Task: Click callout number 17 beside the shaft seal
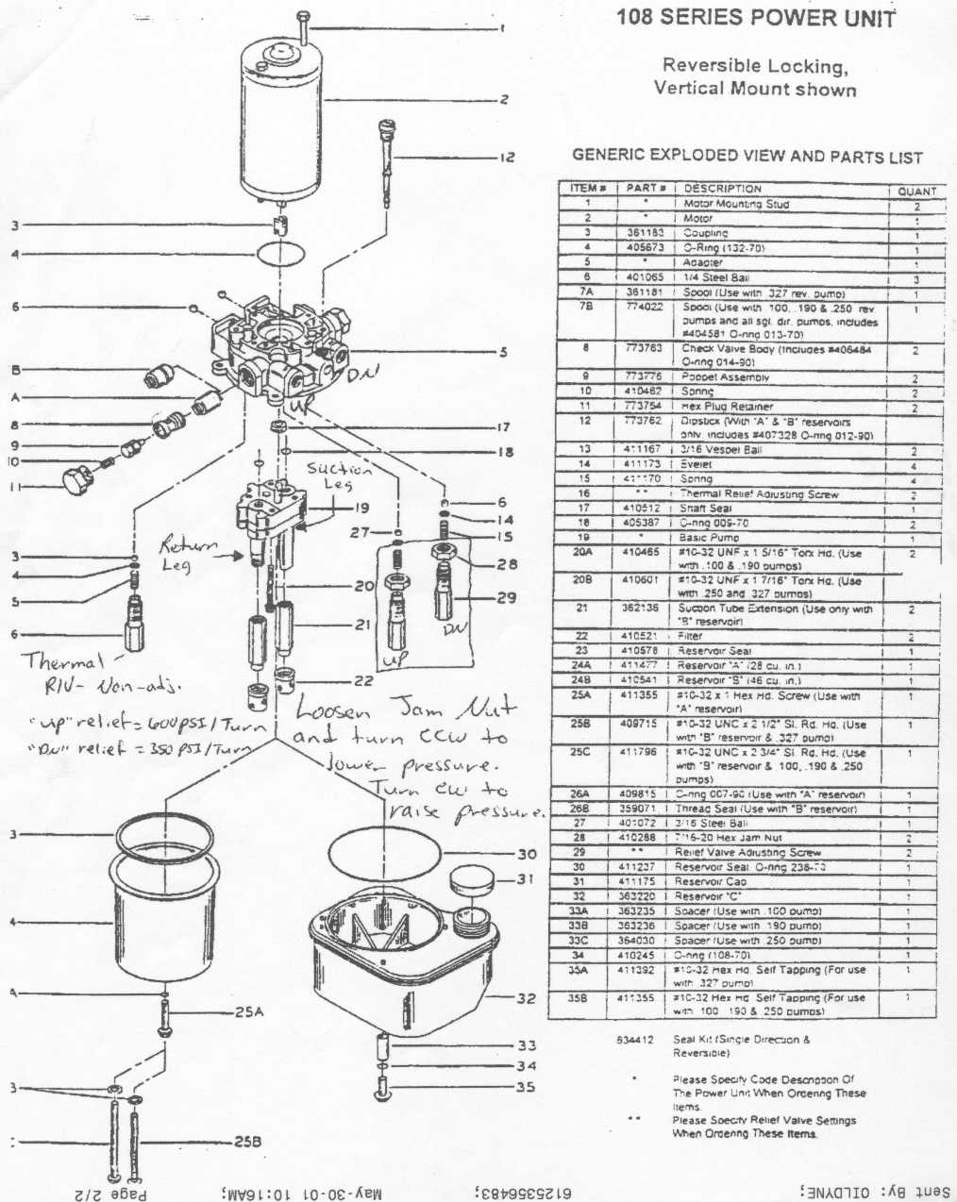coord(503,427)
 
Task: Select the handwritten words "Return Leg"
coord(191,555)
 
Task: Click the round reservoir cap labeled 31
coord(473,885)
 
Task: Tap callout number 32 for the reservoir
coord(526,997)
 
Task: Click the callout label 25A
coord(249,1012)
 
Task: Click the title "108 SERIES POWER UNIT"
coord(755,18)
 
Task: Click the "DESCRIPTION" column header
coord(722,189)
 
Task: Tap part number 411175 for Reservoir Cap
coord(644,881)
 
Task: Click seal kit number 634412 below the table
coord(635,1040)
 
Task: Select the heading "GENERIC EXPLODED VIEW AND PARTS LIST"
coord(747,157)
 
